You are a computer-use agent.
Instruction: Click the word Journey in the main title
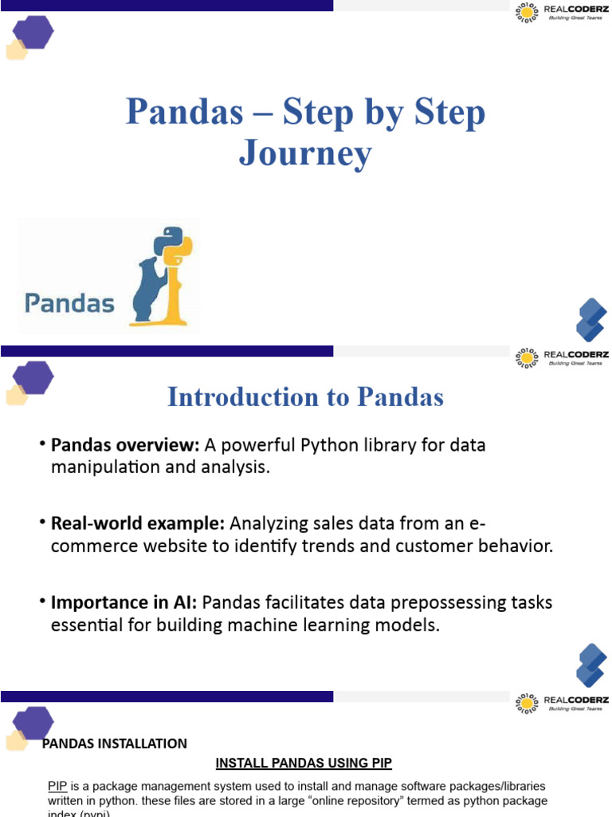(x=305, y=153)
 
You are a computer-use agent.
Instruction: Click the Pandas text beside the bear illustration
(x=69, y=303)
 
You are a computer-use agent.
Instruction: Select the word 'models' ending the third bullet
(x=411, y=626)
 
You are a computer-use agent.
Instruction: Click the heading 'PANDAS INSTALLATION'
(x=114, y=744)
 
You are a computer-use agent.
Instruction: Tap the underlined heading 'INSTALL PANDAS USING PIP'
(x=304, y=764)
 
